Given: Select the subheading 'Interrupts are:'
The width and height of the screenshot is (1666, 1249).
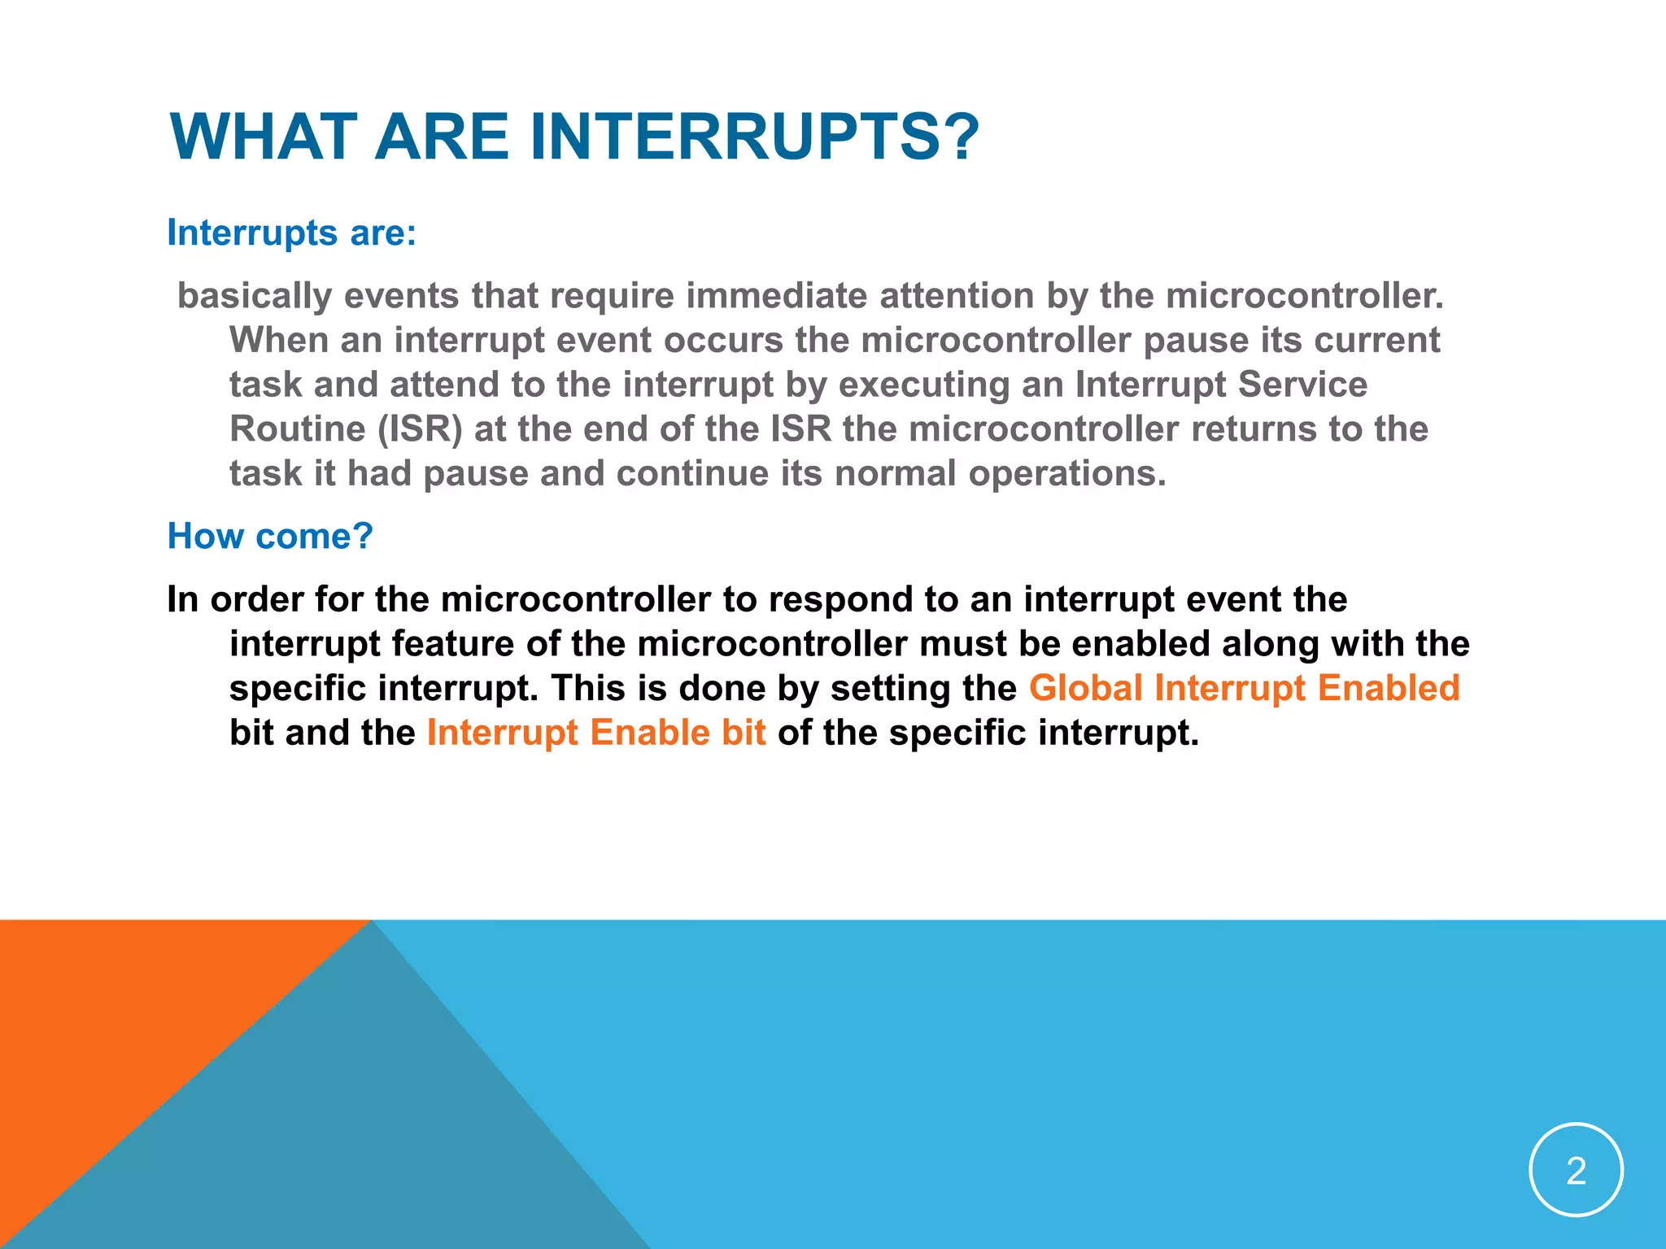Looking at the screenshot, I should [x=291, y=233].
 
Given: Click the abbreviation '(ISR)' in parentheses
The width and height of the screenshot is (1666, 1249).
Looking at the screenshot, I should [x=420, y=429].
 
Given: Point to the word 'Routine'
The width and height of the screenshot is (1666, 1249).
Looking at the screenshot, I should [x=297, y=429].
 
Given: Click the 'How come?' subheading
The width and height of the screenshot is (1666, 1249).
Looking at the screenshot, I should [x=269, y=537].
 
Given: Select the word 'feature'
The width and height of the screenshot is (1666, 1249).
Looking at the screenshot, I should [x=452, y=644].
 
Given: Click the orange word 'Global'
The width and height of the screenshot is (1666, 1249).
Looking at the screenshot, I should [x=1086, y=689].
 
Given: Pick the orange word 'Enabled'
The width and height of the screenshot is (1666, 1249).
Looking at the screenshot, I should [x=1388, y=689].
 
